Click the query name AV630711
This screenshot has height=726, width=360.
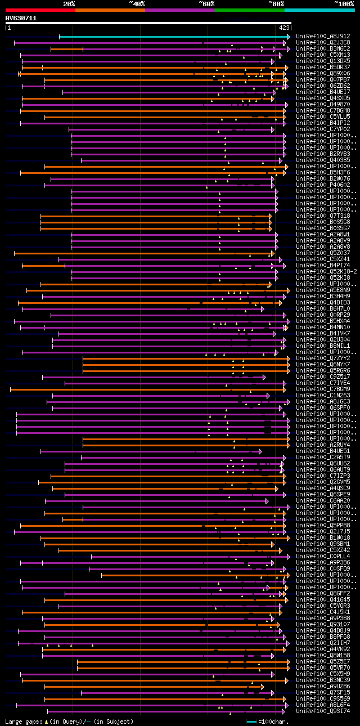pos(21,18)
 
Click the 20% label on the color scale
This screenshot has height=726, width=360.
pos(69,3)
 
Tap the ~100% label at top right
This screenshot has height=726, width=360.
pos(344,3)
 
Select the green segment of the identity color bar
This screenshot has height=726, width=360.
pos(249,10)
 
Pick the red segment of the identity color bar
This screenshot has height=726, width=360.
pos(40,10)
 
